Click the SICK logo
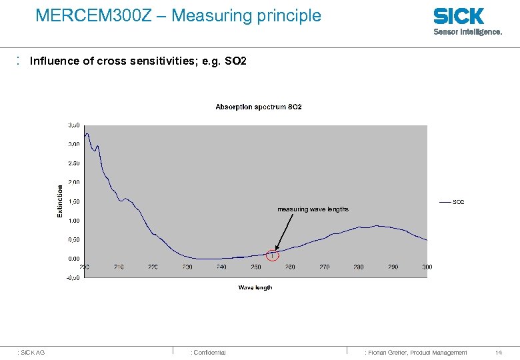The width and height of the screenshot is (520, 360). click(x=459, y=16)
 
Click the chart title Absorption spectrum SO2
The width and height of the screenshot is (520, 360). click(x=259, y=107)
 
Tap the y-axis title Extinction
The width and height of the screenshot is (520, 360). click(x=60, y=201)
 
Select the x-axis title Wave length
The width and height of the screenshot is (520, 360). click(x=255, y=287)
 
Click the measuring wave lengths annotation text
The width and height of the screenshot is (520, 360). click(x=313, y=209)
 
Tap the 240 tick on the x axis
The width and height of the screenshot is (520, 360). click(x=221, y=267)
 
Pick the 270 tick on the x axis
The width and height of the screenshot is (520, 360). click(x=324, y=267)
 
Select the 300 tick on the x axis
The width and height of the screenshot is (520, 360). click(x=427, y=267)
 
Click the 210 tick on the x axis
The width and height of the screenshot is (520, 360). click(x=119, y=267)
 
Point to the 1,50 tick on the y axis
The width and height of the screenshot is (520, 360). click(x=73, y=201)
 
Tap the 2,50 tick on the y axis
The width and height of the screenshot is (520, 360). click(x=73, y=163)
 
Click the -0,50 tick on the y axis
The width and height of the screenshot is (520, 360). click(x=73, y=277)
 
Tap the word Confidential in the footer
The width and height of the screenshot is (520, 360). click(x=209, y=352)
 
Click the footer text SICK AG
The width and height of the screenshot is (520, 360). click(x=33, y=352)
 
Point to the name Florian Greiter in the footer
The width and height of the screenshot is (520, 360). click(x=387, y=352)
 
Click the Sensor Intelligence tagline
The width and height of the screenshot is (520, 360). click(x=467, y=31)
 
